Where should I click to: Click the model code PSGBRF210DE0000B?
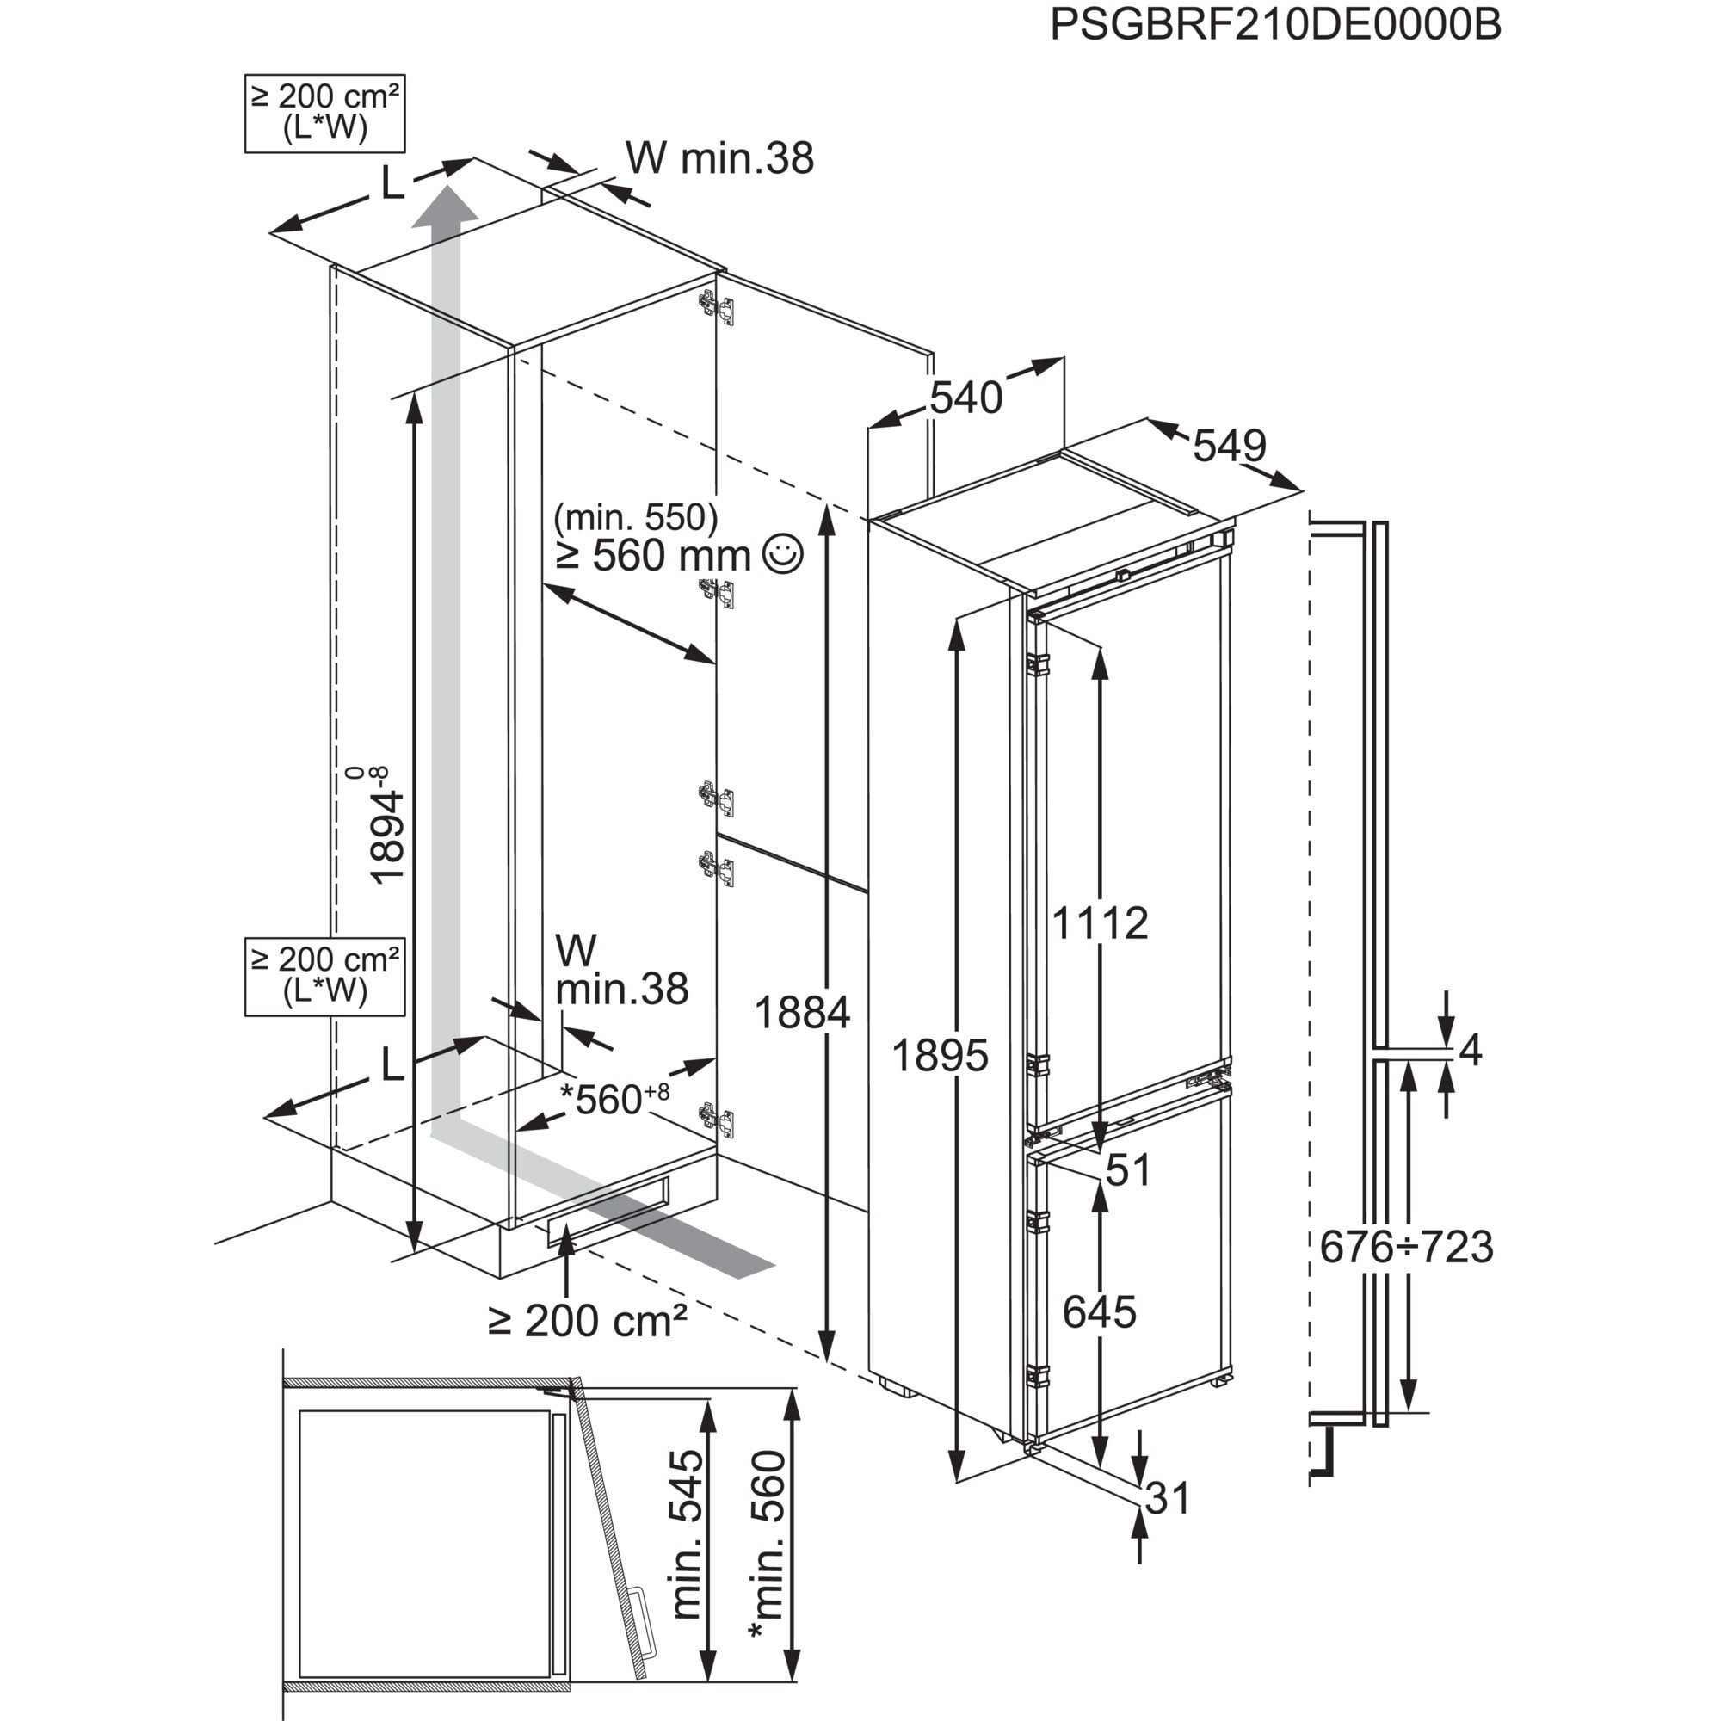[1274, 25]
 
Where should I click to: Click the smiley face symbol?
[784, 553]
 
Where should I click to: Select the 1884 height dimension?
[802, 1013]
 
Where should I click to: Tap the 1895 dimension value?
[940, 1056]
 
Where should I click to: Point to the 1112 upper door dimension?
[1100, 923]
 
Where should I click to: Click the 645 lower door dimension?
[1100, 1312]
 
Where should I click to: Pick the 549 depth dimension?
[1230, 446]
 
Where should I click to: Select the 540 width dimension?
[965, 398]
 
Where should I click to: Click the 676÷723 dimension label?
[1407, 1247]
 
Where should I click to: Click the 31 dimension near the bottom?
[1167, 1499]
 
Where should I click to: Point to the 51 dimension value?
[1128, 1170]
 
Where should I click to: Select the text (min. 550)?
[635, 516]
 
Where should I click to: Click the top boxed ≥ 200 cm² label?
[325, 113]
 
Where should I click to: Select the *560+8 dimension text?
[614, 1098]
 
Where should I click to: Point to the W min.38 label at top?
[719, 158]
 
